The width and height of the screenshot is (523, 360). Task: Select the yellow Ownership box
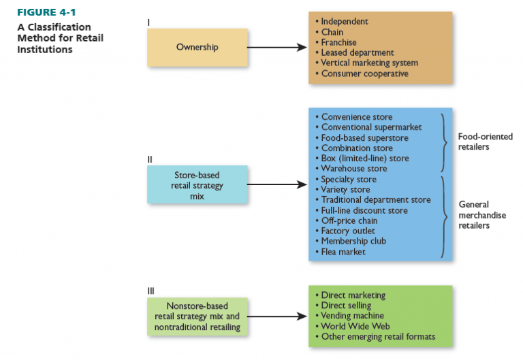click(x=197, y=47)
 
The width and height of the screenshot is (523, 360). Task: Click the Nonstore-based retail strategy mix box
click(x=197, y=316)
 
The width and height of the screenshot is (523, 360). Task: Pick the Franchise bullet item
click(x=338, y=42)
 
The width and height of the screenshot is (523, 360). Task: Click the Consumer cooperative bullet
click(x=364, y=73)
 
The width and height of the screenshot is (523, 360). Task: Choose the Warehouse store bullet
click(x=353, y=169)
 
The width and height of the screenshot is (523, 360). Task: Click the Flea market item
click(x=343, y=252)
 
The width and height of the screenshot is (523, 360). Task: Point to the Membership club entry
click(x=353, y=242)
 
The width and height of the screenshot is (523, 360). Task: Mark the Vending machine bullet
click(x=352, y=316)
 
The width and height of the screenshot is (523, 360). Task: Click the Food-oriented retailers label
click(x=485, y=142)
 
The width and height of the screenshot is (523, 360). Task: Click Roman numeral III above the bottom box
click(x=150, y=291)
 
